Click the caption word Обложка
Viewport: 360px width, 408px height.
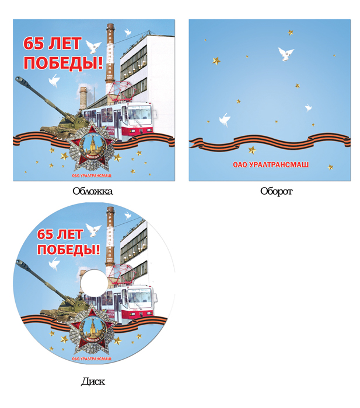click(x=92, y=191)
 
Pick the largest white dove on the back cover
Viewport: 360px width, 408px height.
click(x=285, y=54)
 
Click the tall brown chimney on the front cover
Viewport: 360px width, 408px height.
click(x=110, y=58)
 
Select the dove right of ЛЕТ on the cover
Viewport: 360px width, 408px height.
click(x=92, y=45)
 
